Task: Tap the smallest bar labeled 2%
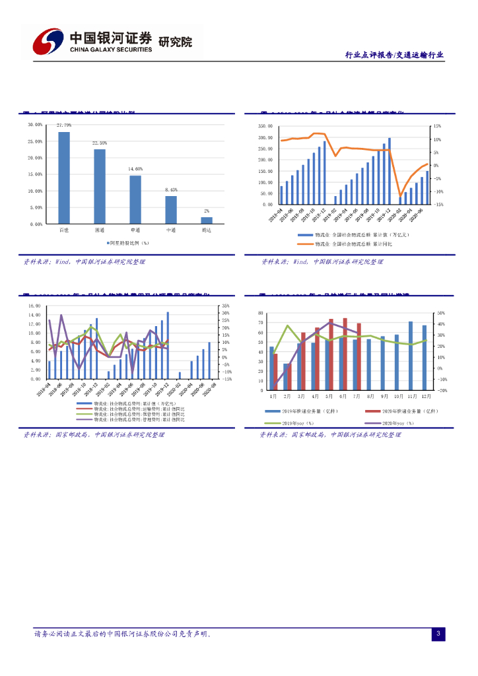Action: (207, 220)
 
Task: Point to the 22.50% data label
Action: (100, 143)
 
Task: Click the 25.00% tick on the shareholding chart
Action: (35, 141)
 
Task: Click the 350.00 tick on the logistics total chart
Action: (264, 125)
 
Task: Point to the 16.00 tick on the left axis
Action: (35, 306)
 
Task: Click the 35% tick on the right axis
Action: (226, 306)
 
